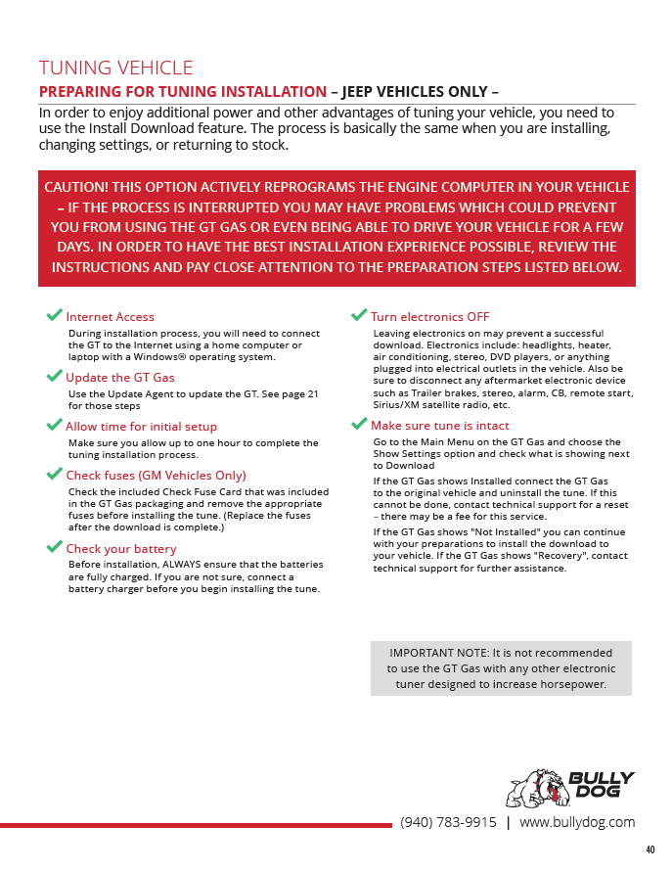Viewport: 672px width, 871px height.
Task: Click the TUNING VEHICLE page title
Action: tap(115, 68)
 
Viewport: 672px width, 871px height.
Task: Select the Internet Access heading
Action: tap(110, 316)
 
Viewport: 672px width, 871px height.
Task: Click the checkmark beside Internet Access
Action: tap(55, 315)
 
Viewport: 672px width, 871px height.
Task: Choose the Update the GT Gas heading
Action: tap(119, 377)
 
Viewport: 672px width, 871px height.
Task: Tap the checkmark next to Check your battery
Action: tap(55, 547)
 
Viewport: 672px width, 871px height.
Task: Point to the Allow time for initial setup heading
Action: tap(141, 426)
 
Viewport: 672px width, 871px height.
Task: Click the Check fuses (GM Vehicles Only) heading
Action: tap(156, 475)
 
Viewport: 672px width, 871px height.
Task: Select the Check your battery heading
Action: tap(120, 549)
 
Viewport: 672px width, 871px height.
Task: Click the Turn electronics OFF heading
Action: tap(429, 316)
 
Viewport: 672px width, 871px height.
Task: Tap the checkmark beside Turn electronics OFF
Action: tap(359, 315)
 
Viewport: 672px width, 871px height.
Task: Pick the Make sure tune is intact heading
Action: tap(439, 425)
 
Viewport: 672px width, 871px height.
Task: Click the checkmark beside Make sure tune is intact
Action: tap(359, 424)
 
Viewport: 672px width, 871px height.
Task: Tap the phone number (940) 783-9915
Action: tap(448, 822)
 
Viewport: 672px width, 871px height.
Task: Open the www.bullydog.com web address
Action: tap(577, 822)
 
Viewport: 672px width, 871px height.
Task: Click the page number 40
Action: tap(650, 849)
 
